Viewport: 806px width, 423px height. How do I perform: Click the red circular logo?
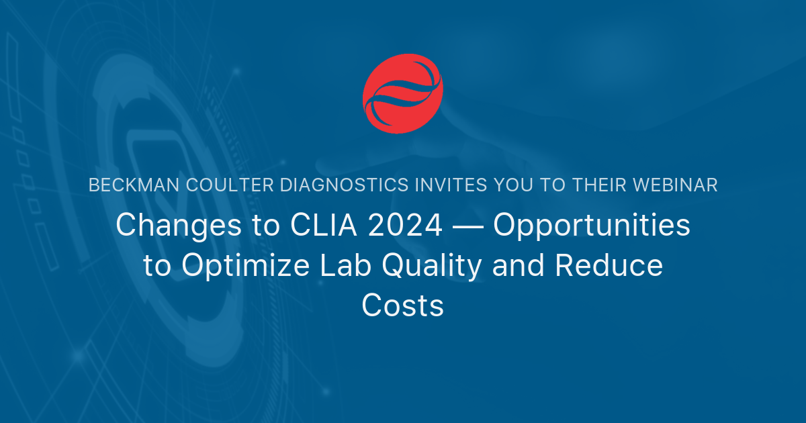(x=403, y=94)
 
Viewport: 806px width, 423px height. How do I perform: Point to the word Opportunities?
(x=592, y=226)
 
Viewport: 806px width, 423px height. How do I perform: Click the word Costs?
(x=403, y=306)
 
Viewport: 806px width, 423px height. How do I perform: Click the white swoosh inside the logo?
(x=402, y=95)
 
